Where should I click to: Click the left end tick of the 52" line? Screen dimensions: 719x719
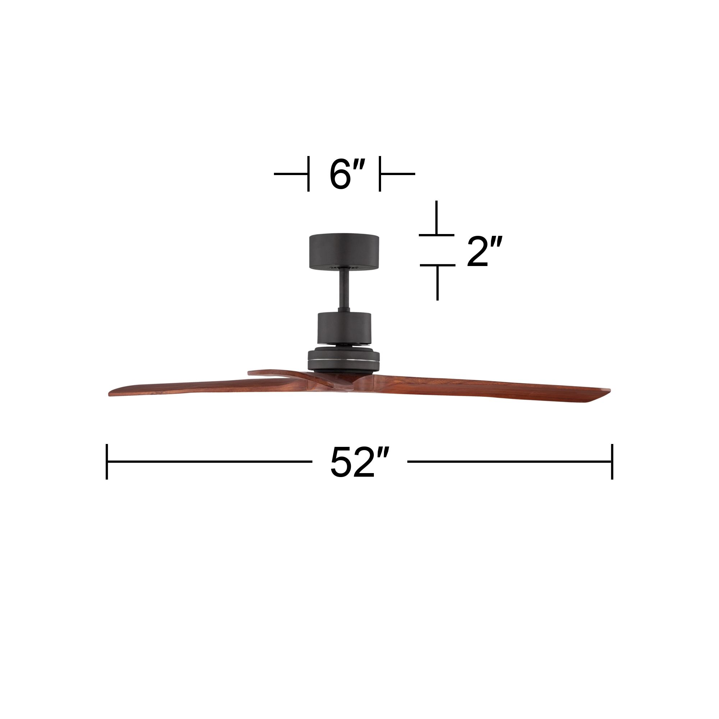[107, 462]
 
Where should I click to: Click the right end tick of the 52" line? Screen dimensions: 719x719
[612, 462]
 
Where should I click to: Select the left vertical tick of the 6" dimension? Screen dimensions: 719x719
[308, 174]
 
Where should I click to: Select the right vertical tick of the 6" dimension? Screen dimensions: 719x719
[380, 174]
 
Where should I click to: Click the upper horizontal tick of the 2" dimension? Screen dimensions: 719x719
[436, 235]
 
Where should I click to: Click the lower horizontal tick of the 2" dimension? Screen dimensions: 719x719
[437, 265]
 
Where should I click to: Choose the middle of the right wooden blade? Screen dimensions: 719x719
[484, 387]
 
